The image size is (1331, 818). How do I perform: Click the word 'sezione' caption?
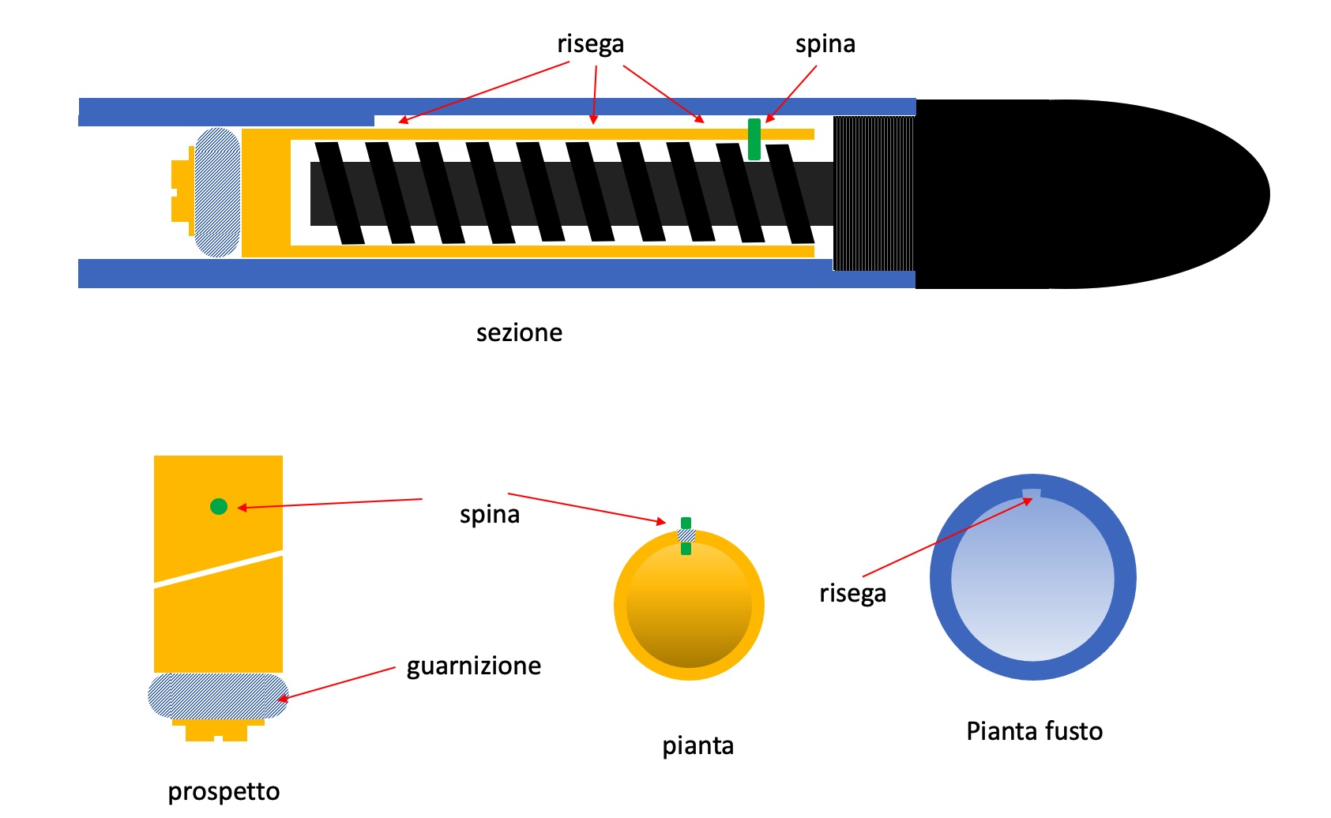519,332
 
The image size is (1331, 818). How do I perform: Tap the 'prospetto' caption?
224,791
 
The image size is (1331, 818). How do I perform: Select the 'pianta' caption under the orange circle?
697,745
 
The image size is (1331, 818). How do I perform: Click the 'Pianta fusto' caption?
1034,731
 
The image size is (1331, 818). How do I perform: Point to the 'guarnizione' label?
474,666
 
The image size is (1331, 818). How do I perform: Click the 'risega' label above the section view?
590,43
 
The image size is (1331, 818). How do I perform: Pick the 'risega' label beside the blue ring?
852,592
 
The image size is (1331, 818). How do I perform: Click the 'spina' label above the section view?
825,43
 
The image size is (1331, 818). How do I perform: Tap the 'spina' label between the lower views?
490,514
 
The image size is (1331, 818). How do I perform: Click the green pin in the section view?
754,139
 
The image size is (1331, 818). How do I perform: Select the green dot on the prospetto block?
219,506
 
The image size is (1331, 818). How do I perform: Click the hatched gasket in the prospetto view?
218,696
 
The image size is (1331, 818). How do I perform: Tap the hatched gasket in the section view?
217,193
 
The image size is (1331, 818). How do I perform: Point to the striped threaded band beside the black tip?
874,193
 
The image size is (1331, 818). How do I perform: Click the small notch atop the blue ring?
1032,494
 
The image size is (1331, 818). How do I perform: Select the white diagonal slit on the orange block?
219,568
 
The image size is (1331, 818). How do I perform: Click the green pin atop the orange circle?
686,524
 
